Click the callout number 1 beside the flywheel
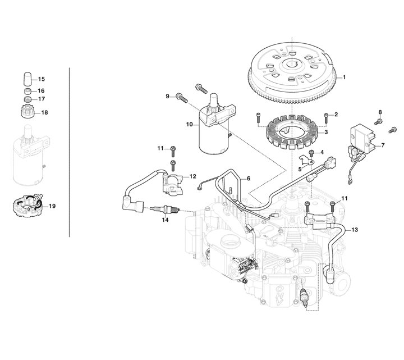click(344, 77)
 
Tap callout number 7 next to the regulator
click(383, 145)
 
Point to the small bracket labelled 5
click(306, 160)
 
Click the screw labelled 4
click(311, 153)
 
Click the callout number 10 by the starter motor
click(190, 125)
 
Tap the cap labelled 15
click(27, 79)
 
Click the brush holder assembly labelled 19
click(27, 206)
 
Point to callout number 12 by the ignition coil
click(192, 176)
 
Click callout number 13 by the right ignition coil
click(355, 230)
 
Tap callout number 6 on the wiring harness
click(249, 179)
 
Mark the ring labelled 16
click(27, 91)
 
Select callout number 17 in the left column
click(42, 99)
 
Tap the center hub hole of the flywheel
click(292, 64)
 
